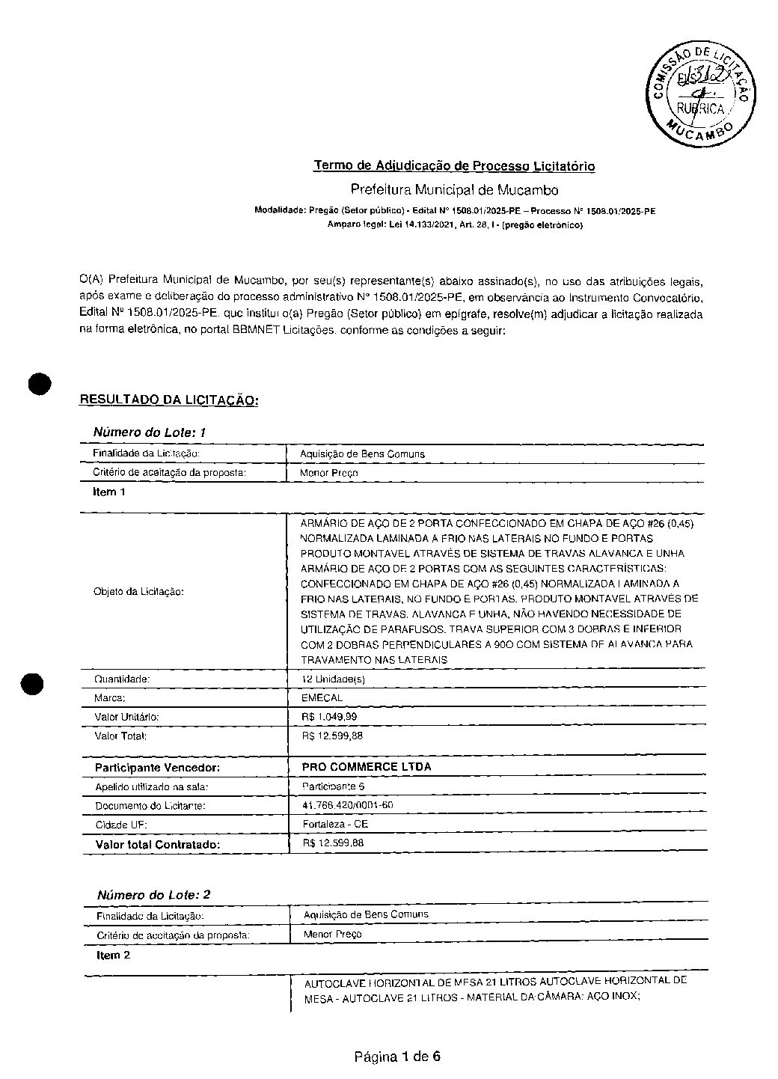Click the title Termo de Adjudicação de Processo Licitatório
[x=454, y=165]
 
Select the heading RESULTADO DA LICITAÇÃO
[x=169, y=400]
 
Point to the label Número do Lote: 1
[x=149, y=432]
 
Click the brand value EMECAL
[x=322, y=697]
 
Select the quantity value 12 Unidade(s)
[x=333, y=679]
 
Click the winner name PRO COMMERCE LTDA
[x=366, y=766]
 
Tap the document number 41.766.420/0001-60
[x=348, y=805]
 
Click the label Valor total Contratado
[x=158, y=844]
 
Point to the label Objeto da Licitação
[x=139, y=591]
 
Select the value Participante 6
[x=334, y=786]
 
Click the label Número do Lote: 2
[x=153, y=895]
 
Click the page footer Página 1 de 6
[x=397, y=1057]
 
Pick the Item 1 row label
[x=109, y=492]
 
